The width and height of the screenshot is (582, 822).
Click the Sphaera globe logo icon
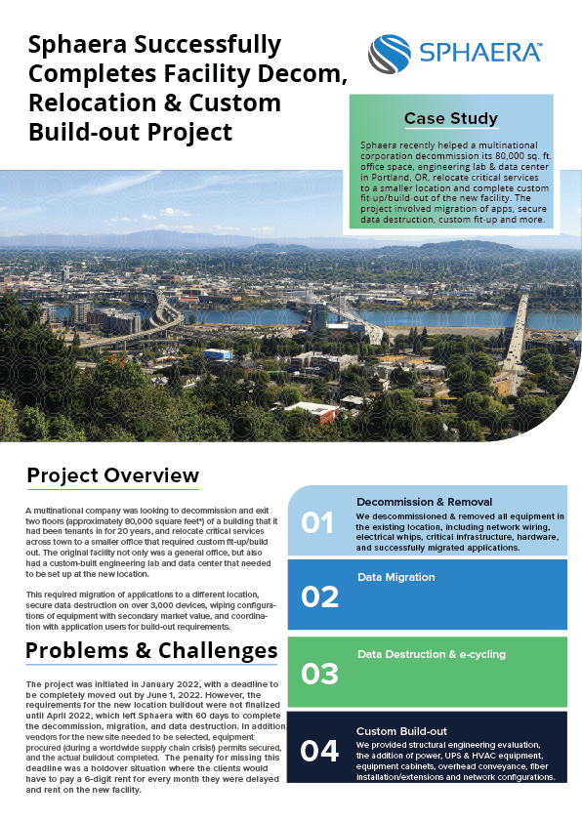tap(389, 54)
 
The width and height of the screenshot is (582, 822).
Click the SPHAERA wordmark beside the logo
tap(480, 53)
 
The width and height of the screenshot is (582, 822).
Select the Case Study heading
tap(451, 118)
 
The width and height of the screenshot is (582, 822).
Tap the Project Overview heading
tap(112, 475)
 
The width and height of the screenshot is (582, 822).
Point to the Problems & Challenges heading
tap(151, 650)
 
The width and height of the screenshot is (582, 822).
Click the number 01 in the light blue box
tap(317, 523)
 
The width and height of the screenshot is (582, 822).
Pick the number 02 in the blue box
tap(319, 597)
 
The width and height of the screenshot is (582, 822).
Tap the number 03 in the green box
tap(319, 675)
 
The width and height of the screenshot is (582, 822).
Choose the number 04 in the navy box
tap(319, 751)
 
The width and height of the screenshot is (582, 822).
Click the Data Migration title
tap(396, 577)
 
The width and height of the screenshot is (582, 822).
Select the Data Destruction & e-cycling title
tap(432, 654)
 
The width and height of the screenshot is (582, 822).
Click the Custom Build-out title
tap(401, 731)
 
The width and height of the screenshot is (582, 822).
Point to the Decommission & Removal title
tap(424, 502)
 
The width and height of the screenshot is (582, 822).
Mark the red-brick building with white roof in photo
tap(313, 412)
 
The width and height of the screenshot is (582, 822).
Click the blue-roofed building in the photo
tap(218, 353)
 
